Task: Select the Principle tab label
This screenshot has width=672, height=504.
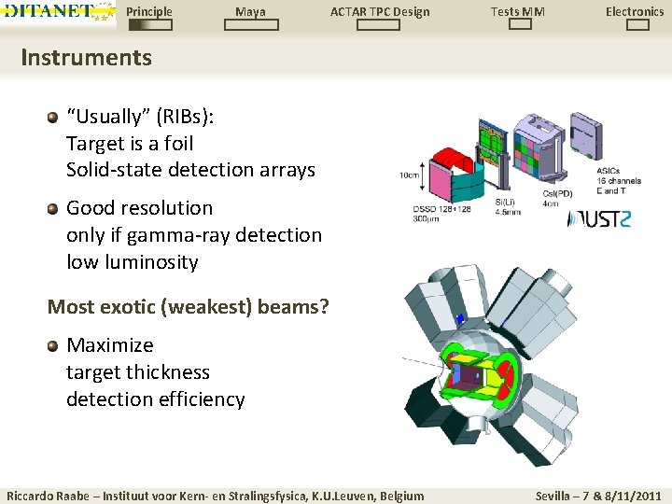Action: pos(149,11)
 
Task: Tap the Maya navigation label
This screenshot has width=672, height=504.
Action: pos(250,11)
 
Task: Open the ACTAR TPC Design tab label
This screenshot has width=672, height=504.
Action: pos(380,11)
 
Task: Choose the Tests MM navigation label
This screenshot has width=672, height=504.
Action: pos(518,11)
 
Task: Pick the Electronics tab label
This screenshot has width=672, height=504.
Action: pos(635,11)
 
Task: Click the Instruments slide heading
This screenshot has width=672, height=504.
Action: pos(86,58)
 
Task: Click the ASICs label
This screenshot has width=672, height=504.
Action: pos(610,171)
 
